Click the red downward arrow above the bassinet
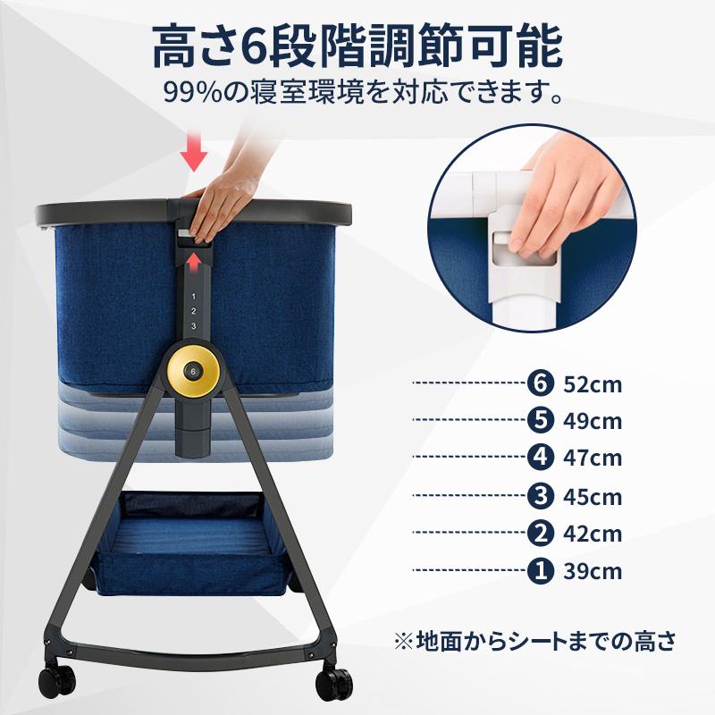194,153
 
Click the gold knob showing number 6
191,370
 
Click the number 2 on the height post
191,310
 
